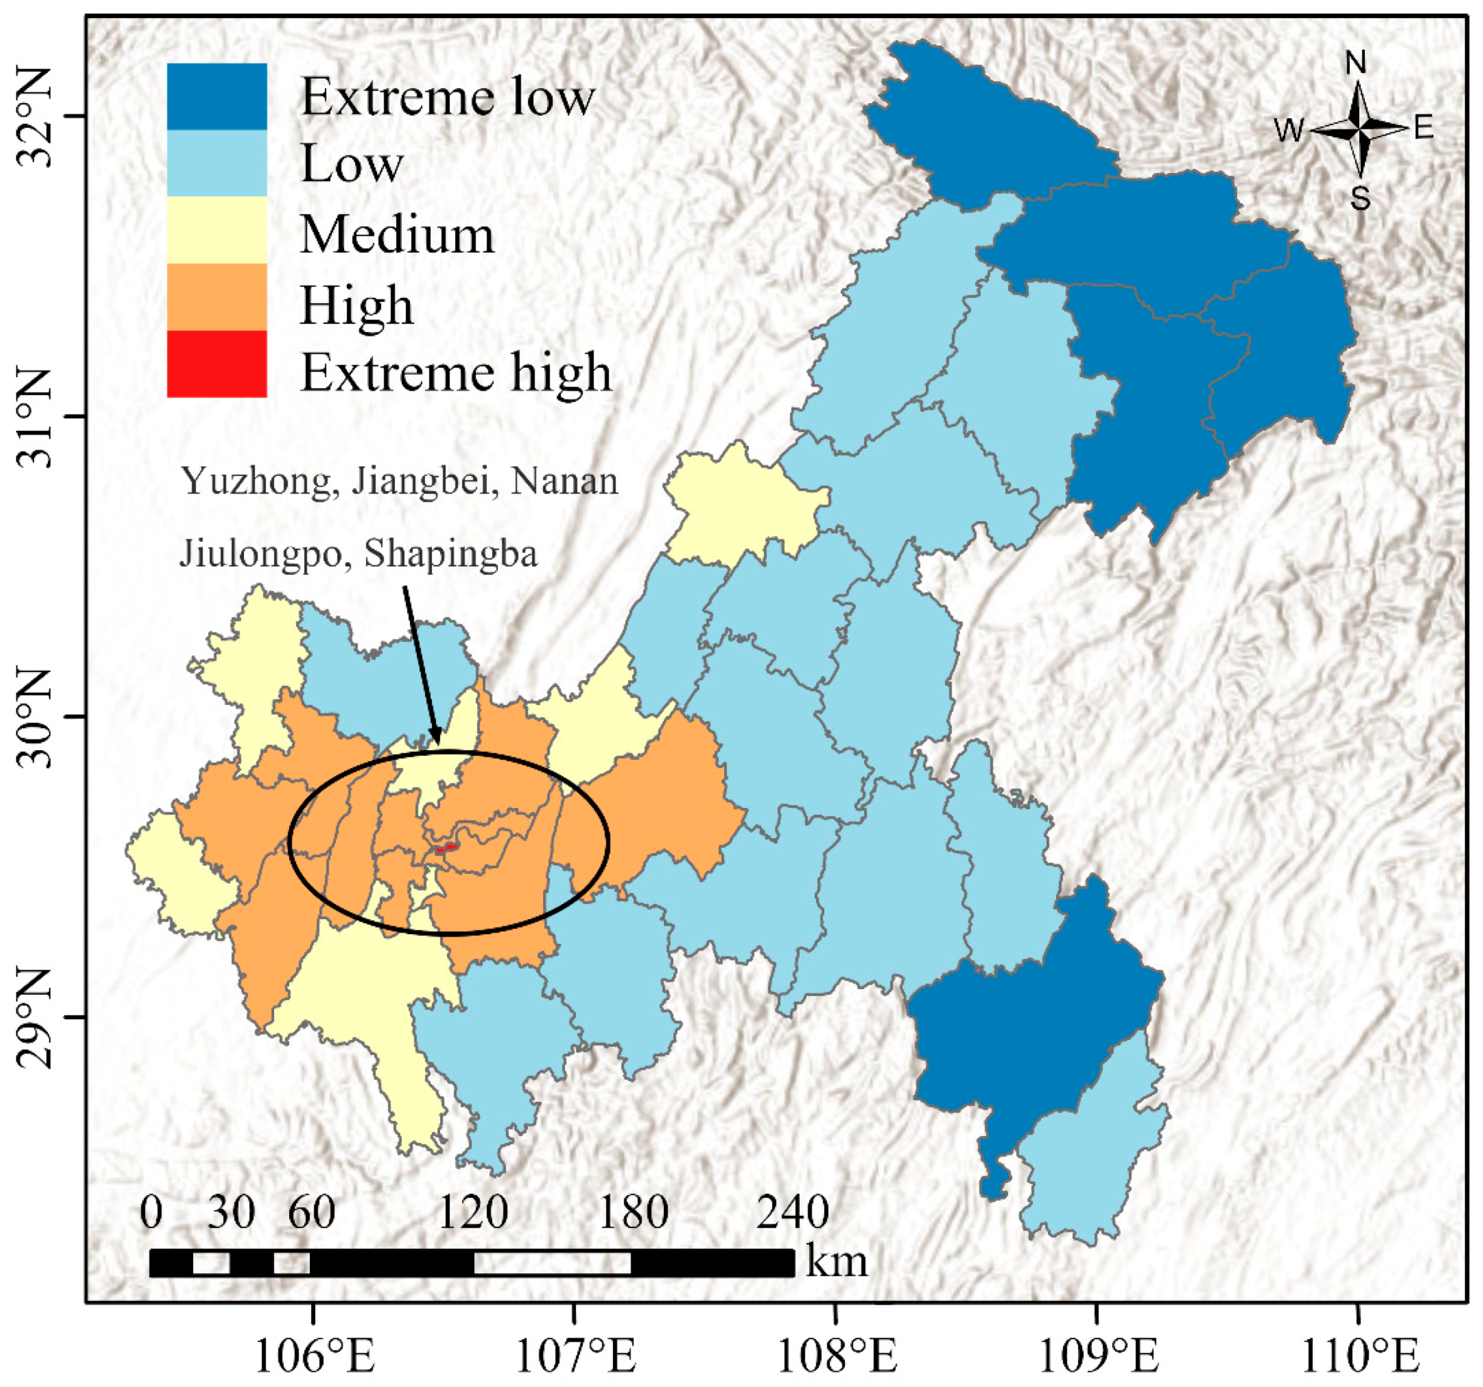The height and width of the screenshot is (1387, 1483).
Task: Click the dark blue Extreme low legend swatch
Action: pos(216,96)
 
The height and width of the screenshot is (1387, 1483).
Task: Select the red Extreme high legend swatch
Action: pos(216,363)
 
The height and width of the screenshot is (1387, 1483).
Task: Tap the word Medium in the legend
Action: pos(397,235)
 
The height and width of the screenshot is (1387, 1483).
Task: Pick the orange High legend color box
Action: pos(216,297)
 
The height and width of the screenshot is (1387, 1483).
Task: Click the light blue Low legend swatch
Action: pos(216,163)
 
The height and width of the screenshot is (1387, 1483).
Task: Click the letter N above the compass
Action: pos(1355,64)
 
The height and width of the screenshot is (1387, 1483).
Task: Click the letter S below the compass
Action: pos(1360,199)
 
